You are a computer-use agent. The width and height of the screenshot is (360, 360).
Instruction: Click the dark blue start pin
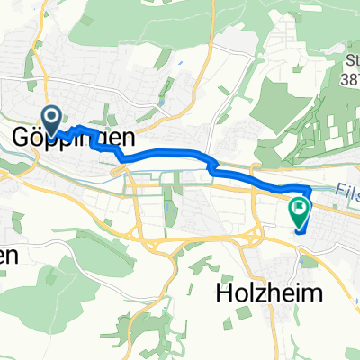(x=49, y=119)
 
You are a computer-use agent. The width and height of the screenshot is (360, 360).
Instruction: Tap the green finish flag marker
(x=299, y=186)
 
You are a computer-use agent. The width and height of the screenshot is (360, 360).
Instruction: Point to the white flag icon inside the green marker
(x=299, y=184)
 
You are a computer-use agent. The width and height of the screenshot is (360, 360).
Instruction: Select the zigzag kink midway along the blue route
(x=212, y=166)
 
